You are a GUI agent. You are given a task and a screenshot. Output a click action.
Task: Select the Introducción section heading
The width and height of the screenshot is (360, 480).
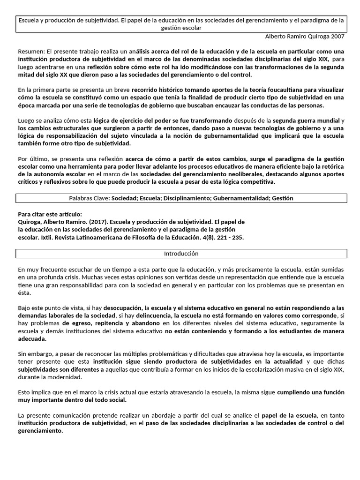click(x=181, y=254)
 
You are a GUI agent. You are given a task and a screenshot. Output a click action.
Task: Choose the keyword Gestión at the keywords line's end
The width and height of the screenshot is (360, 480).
click(x=282, y=198)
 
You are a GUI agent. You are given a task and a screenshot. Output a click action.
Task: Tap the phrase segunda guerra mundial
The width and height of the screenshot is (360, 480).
click(x=305, y=120)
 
